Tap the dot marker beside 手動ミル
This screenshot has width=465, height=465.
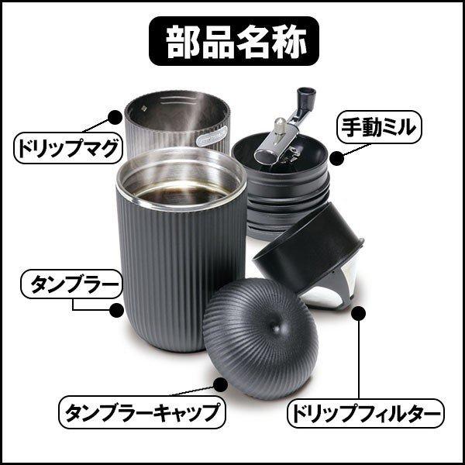coord(337,159)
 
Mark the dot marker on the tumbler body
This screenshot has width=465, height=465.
coord(116,309)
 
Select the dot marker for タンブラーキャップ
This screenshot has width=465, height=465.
coord(220,380)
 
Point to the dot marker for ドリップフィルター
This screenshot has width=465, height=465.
coord(358,313)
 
